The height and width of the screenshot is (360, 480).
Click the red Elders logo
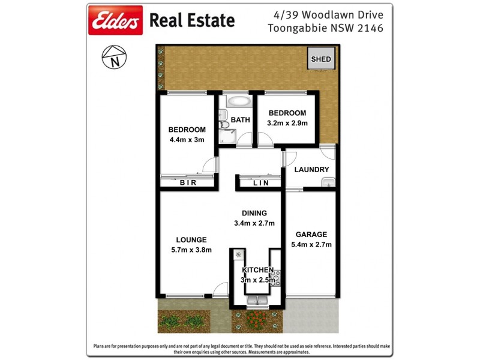coord(116,20)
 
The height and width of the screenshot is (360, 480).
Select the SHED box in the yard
coord(320,59)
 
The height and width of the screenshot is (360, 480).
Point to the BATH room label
coord(241,120)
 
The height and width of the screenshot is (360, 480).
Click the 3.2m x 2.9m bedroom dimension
coord(287,124)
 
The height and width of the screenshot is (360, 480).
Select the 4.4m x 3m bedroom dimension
coord(187,140)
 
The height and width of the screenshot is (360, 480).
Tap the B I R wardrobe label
coord(187,183)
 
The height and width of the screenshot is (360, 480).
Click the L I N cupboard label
coord(260,183)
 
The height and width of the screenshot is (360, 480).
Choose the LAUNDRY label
coord(311,170)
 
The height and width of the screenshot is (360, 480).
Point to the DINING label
coord(254,213)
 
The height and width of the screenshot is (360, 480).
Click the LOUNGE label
coord(191,240)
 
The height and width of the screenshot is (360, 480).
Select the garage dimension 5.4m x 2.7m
coord(311,244)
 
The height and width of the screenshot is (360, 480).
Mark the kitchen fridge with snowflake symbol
coord(238,255)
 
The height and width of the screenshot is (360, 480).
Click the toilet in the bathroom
coord(224,124)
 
